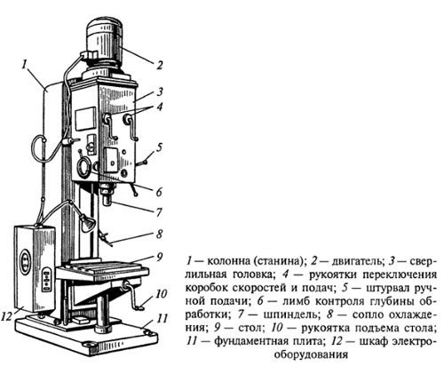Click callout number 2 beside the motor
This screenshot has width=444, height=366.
tap(160, 65)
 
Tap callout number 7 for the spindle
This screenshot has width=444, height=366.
tap(159, 212)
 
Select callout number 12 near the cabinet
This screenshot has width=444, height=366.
tap(7, 317)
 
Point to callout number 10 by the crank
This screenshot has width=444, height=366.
tap(162, 294)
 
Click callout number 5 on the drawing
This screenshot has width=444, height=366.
tap(160, 147)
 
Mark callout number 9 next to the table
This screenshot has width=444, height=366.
tap(160, 257)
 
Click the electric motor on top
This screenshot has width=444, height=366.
tap(104, 42)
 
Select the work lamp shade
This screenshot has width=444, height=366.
tap(88, 223)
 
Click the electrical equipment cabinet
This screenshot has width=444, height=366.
tap(35, 269)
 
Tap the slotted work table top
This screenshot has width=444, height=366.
tap(102, 268)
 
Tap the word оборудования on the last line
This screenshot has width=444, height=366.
tap(311, 354)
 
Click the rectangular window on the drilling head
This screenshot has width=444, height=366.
tap(86, 119)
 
